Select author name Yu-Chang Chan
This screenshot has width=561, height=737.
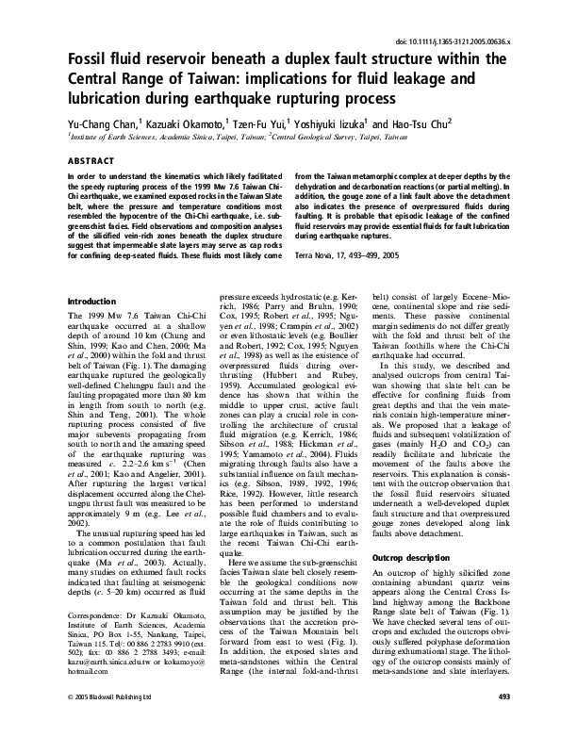[x=97, y=123]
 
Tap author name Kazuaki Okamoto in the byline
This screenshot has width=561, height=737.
[x=182, y=123]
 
